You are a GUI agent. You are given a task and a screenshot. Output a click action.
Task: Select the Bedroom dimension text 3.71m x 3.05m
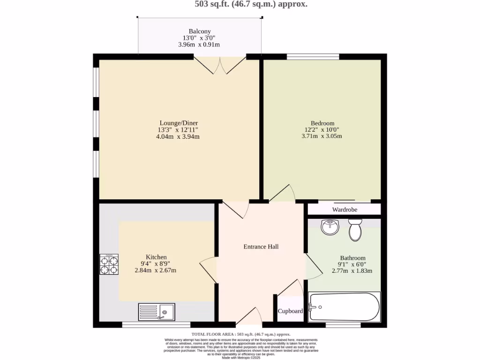point(322,136)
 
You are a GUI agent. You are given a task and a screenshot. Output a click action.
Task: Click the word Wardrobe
point(345,210)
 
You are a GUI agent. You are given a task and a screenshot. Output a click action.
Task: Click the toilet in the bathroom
point(355,229)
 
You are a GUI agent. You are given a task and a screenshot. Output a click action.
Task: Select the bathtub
point(344,307)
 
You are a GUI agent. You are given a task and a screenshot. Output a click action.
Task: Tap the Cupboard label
point(290,311)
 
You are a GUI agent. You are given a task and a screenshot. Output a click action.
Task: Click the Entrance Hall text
point(261,247)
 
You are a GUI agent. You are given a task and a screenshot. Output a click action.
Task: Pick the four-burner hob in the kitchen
point(109,264)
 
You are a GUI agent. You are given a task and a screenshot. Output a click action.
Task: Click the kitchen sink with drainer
point(157,312)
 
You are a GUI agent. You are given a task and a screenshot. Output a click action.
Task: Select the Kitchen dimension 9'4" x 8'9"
point(156,263)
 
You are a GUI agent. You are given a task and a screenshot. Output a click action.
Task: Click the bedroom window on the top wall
point(313,57)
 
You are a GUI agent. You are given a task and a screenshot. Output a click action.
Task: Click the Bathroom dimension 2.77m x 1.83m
point(352,271)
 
